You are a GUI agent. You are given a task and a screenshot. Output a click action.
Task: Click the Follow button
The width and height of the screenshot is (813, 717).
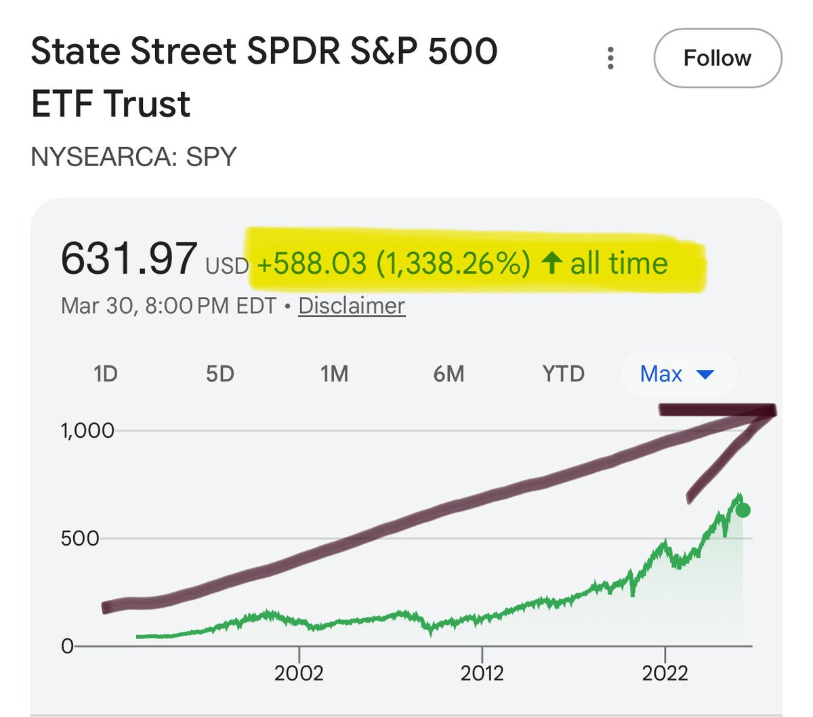717,58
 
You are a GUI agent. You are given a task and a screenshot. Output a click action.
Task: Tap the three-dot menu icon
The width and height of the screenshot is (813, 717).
610,58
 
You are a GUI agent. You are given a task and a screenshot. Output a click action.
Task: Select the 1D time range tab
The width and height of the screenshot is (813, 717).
105,373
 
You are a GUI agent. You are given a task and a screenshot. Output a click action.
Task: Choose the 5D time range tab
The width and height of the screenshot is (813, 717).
220,373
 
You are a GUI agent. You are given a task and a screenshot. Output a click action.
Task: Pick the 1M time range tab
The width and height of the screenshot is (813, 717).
334,373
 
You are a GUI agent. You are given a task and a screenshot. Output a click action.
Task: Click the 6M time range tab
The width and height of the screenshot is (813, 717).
449,373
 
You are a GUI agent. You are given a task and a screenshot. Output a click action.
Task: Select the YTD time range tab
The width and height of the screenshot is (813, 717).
563,373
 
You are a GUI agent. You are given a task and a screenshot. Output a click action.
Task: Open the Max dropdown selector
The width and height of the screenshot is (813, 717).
677,373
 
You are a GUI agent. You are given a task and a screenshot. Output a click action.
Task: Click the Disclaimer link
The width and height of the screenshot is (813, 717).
352,306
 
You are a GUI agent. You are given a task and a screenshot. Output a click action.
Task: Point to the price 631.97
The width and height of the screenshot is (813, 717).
129,259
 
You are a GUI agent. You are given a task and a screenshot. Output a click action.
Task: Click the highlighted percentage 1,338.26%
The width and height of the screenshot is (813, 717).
453,263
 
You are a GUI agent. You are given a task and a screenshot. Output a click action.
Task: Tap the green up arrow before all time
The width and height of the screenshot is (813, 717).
551,263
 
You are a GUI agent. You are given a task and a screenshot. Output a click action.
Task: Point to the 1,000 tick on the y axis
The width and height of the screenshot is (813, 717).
87,430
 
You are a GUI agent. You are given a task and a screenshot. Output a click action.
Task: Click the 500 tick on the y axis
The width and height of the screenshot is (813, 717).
80,539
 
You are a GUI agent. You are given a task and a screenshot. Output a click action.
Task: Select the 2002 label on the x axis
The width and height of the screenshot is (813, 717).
299,673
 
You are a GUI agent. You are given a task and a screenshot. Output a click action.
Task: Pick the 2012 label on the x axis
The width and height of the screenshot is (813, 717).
482,673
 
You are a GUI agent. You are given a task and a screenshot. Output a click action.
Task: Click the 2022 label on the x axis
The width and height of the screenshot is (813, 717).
665,673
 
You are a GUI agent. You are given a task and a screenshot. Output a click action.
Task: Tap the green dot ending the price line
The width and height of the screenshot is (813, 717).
743,511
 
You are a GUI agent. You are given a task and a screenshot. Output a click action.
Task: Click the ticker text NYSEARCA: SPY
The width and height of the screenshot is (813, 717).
134,157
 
